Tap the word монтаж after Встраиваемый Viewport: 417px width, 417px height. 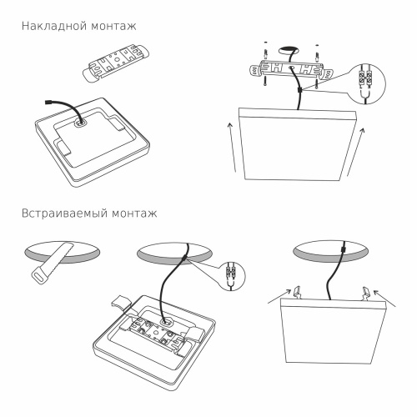pyautogui.click(x=134, y=214)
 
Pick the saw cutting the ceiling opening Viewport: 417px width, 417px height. pyautogui.click(x=52, y=261)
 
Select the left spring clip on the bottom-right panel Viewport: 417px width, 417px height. pyautogui.click(x=295, y=290)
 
